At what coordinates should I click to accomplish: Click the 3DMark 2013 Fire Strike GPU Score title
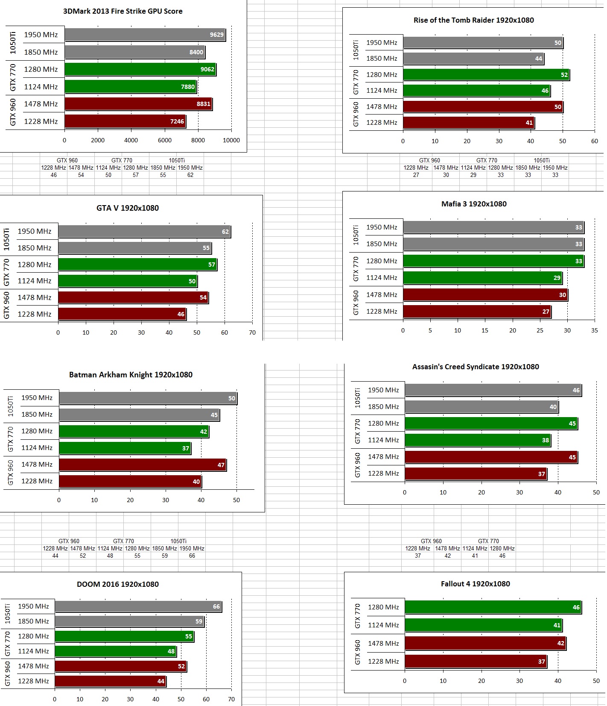point(123,11)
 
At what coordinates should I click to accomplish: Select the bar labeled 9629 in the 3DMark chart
point(145,35)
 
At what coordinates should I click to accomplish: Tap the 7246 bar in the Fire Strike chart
point(125,121)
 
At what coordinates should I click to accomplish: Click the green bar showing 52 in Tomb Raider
point(486,75)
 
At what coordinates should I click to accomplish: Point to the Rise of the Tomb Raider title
point(473,20)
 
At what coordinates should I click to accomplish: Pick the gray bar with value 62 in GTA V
point(144,232)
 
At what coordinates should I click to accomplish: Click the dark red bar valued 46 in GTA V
point(122,314)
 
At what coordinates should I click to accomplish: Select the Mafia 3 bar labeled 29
point(482,278)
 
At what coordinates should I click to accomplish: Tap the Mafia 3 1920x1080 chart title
point(474,204)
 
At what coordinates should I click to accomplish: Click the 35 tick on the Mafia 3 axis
point(595,330)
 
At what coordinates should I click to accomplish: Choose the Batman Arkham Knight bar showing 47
point(143,465)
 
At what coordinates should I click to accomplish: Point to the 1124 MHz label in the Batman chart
point(37,448)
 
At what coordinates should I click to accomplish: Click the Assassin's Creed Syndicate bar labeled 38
point(477,440)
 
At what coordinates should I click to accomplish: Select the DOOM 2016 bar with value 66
point(138,606)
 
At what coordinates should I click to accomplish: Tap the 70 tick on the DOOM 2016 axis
point(231,700)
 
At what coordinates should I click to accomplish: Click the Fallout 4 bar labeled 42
point(485,643)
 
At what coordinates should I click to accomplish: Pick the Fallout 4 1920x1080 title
point(475,584)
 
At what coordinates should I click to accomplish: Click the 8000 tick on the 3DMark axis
point(198,140)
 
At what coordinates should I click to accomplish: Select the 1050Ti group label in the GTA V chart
point(6,239)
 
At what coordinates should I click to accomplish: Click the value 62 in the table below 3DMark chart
point(190,175)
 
